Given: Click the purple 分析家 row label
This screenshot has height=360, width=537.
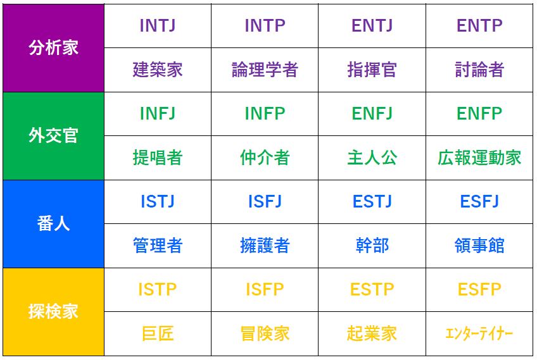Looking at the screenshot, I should (x=53, y=48).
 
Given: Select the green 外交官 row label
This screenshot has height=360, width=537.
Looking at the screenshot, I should (x=53, y=136).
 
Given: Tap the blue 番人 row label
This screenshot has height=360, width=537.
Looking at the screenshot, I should (x=53, y=224).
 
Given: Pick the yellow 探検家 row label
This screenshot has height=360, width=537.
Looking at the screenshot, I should (x=53, y=311).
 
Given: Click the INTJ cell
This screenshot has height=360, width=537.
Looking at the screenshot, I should (x=158, y=26).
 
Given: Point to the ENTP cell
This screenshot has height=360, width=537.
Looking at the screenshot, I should (x=479, y=26).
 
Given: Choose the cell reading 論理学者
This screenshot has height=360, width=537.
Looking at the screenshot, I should (x=265, y=70).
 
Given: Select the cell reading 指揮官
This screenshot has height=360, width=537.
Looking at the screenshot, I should (x=372, y=70).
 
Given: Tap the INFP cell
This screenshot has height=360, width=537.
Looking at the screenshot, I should (x=265, y=114).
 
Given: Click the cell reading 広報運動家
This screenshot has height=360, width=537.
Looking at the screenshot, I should (x=479, y=158).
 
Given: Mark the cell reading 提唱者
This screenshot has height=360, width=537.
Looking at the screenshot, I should (x=158, y=158).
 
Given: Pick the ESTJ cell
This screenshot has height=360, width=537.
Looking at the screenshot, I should (x=372, y=202).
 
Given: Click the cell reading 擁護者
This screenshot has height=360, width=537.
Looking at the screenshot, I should (x=265, y=245).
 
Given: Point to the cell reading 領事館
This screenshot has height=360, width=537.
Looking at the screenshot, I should (x=479, y=245).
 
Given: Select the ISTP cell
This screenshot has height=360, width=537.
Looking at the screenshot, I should (x=158, y=290).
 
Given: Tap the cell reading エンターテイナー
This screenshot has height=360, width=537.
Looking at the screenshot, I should (x=479, y=333).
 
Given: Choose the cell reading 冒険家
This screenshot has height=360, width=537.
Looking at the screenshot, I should (x=265, y=333).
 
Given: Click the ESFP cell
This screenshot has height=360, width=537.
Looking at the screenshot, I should (x=479, y=290).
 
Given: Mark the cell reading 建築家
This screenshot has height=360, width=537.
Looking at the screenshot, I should (x=158, y=70).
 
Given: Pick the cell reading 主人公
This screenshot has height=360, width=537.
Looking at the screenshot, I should (x=372, y=158).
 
